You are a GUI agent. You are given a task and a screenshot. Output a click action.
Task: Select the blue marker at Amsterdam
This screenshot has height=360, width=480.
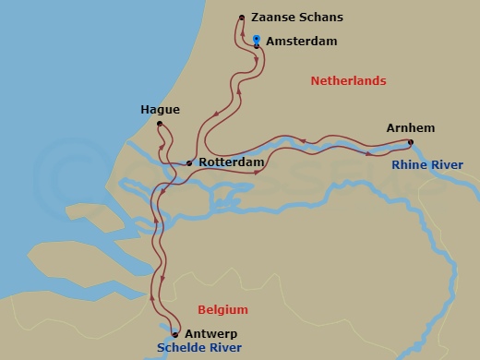point(256,39)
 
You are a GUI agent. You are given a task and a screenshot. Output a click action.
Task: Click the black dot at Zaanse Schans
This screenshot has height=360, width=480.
point(241,18)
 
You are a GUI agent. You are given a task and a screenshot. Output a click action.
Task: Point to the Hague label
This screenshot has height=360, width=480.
point(160,109)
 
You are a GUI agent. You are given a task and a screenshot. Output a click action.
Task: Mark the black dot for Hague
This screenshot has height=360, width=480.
point(160,124)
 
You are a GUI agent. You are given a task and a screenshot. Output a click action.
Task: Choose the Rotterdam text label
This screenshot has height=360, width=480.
point(231,162)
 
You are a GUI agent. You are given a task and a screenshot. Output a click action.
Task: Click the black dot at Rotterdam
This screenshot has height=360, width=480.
point(189,163)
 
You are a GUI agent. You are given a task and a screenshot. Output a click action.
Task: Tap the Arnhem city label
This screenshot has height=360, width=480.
point(412,127)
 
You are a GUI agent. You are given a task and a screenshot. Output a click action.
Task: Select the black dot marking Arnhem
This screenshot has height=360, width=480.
point(411,142)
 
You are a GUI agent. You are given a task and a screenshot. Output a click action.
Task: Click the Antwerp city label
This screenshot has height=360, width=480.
point(211,333)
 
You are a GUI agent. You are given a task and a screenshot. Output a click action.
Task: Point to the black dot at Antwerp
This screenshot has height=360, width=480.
point(175,335)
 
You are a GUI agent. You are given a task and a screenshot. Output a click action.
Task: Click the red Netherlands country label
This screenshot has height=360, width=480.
point(348,81)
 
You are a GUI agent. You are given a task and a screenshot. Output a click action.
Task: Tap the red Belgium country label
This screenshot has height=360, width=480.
point(223,309)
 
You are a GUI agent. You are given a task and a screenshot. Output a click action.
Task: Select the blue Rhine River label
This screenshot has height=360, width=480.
point(426,164)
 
